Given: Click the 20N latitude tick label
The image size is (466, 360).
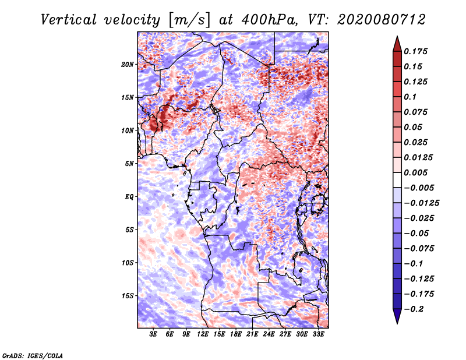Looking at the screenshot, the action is click(128, 65).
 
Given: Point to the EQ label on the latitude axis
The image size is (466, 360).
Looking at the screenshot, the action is click(129, 197).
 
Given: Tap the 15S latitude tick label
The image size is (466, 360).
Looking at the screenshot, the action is click(128, 296).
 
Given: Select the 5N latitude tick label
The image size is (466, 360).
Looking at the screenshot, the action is click(129, 164).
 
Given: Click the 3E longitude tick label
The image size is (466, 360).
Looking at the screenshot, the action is click(153, 334).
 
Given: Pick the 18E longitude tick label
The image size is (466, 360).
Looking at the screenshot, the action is click(236, 334).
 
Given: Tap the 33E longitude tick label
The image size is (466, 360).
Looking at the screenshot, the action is click(318, 334).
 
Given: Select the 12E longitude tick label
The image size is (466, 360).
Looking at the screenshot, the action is click(203, 334).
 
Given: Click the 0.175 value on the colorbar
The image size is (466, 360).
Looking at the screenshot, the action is click(415, 51).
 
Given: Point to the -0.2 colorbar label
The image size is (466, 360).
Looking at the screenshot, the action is click(414, 309).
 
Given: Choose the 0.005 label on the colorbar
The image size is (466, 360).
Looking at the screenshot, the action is click(415, 172).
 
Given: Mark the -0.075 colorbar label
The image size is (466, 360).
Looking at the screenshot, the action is click(419, 249).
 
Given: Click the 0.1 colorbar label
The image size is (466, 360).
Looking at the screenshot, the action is click(410, 97).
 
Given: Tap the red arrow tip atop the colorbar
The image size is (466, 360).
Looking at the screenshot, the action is click(397, 36).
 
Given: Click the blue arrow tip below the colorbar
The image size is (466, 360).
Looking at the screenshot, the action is click(397, 323).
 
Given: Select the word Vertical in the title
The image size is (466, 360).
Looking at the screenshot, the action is click(68, 20).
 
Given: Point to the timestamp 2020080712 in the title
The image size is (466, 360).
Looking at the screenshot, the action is click(382, 20).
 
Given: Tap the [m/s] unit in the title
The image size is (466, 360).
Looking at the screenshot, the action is click(189, 20).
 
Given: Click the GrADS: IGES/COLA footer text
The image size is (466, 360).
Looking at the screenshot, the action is click(33, 356).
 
